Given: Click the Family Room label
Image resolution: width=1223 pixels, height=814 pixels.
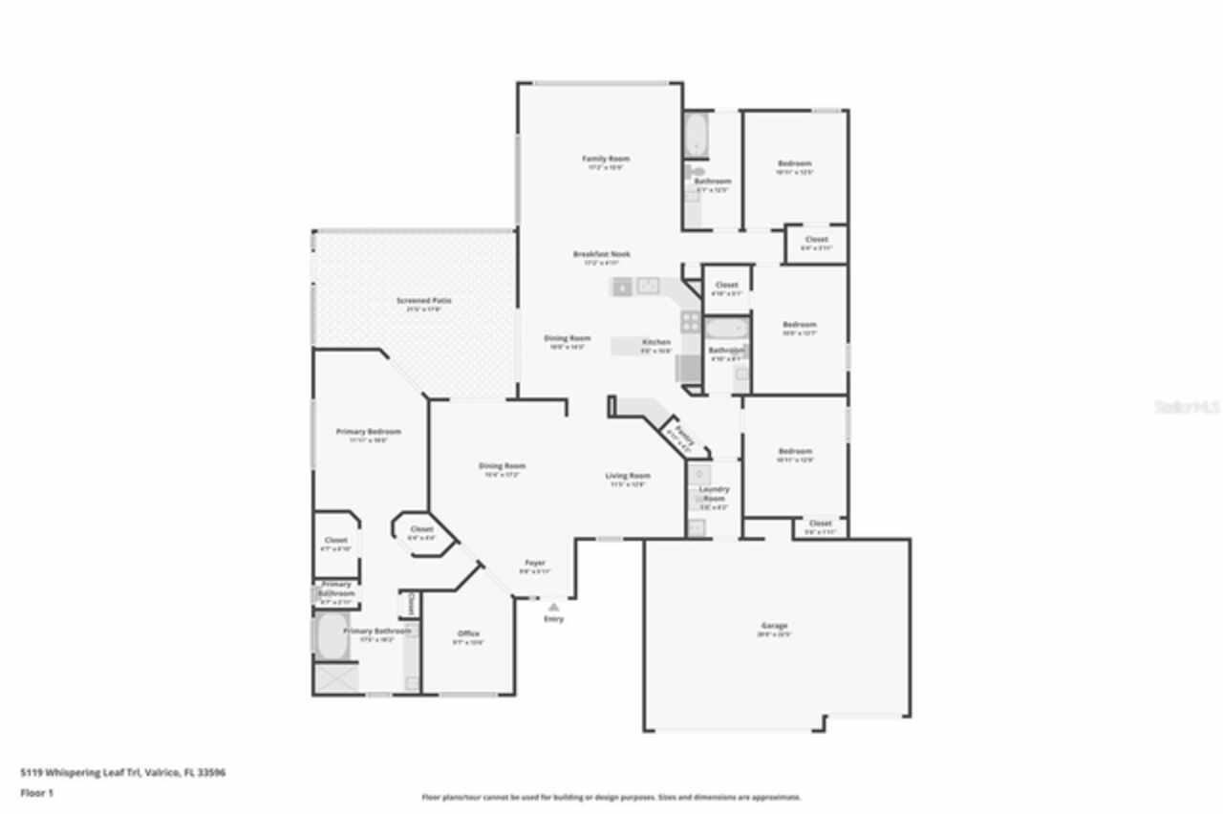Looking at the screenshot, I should pos(606,159).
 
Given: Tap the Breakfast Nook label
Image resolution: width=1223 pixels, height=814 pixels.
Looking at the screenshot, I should pos(601,254).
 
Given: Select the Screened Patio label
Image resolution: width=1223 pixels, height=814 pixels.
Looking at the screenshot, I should pos(424,301).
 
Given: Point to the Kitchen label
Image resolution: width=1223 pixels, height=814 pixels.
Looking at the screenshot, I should pos(655,342).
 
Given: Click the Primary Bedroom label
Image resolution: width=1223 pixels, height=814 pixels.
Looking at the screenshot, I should pos(368,432).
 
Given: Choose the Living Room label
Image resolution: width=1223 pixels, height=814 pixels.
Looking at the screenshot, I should pos(628,476).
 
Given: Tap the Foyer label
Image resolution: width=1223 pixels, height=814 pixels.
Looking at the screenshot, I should pos(535,563).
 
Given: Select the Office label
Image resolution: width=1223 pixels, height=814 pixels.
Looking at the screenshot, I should pos(468,633).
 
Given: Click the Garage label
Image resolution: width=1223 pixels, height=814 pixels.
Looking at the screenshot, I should pos(774,626).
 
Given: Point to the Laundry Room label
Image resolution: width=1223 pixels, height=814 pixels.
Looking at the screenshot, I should pos(714,494).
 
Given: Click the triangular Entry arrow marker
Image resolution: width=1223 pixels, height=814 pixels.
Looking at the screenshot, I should pos(553,606).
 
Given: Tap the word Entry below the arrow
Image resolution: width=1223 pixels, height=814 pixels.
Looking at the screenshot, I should pos(553,619).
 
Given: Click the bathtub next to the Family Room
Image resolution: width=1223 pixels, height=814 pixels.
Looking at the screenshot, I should pos(697,136).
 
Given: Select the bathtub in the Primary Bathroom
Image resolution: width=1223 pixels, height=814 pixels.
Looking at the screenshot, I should pos(333,636).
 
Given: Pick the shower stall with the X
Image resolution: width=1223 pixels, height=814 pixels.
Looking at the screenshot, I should pos(336,677).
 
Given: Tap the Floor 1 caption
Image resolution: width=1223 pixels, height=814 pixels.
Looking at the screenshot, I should pos(37,793).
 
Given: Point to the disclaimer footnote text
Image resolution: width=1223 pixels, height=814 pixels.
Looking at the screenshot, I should pos(611,797).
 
